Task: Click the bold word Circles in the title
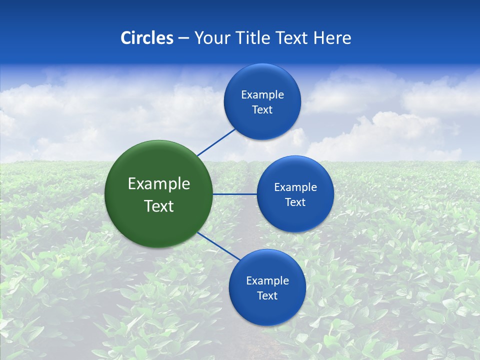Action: pos(147,38)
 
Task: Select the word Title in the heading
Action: pos(255,38)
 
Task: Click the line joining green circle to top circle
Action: pos(216,142)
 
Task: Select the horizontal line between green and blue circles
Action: pos(235,194)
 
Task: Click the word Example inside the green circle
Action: pos(159,184)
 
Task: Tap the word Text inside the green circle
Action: pos(159,206)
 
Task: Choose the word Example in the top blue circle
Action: pos(262,95)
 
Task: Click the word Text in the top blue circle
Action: pos(262,110)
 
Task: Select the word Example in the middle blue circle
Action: pos(295,187)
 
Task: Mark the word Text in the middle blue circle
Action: pos(295,202)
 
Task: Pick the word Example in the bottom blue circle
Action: pos(267,281)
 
